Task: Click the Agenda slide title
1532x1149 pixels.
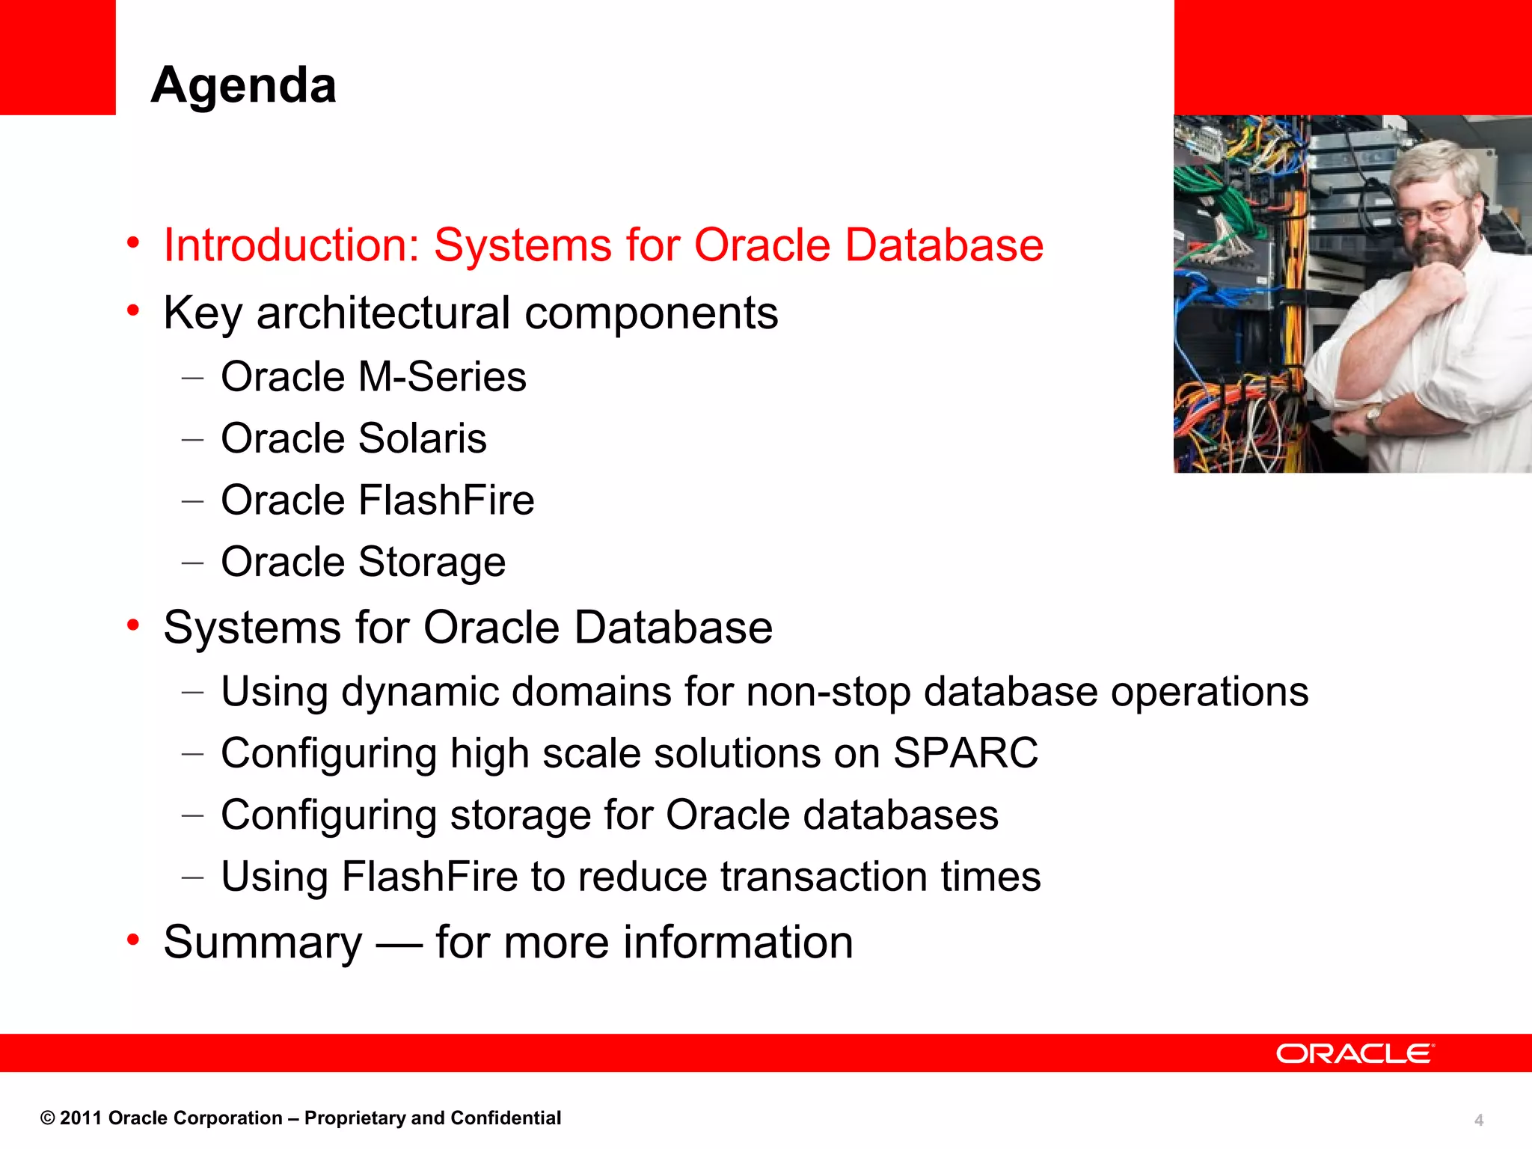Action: (x=243, y=85)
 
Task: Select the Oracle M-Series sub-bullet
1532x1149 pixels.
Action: (x=373, y=376)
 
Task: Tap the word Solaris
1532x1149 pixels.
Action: (x=422, y=438)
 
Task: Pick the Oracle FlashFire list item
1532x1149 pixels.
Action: (x=377, y=500)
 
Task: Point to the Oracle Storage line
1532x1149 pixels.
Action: (x=363, y=562)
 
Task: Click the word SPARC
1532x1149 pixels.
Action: (x=965, y=753)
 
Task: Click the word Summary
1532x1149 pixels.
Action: (x=263, y=942)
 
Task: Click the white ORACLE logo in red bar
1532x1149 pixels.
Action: (x=1355, y=1053)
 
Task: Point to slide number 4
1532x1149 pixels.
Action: (x=1478, y=1120)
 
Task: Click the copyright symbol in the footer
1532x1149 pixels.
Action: (x=48, y=1118)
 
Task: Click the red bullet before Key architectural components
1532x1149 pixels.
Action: (x=133, y=310)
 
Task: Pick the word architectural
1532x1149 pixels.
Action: (x=383, y=313)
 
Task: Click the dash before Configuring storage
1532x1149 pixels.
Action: (x=192, y=816)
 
